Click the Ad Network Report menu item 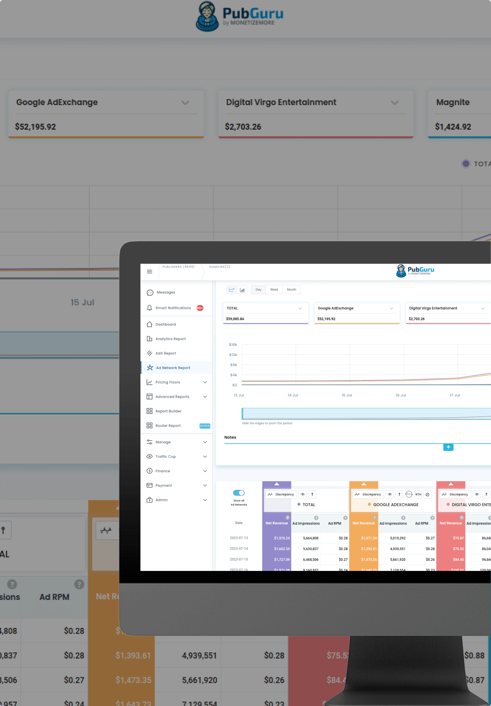173,368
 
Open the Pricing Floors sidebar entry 168,382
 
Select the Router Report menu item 168,426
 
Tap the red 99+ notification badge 200,308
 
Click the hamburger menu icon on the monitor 150,271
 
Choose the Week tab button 274,290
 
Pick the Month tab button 292,290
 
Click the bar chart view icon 242,290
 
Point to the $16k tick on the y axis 233,345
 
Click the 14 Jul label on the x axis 293,395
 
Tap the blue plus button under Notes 448,447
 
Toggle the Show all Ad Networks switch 239,493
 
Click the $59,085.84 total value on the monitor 235,319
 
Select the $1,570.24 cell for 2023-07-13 282,538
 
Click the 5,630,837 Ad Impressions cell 310,549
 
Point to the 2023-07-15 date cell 239,559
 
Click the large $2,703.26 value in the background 243,127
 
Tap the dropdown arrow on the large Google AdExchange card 185,103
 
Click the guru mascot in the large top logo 207,16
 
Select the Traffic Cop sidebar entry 165,457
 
